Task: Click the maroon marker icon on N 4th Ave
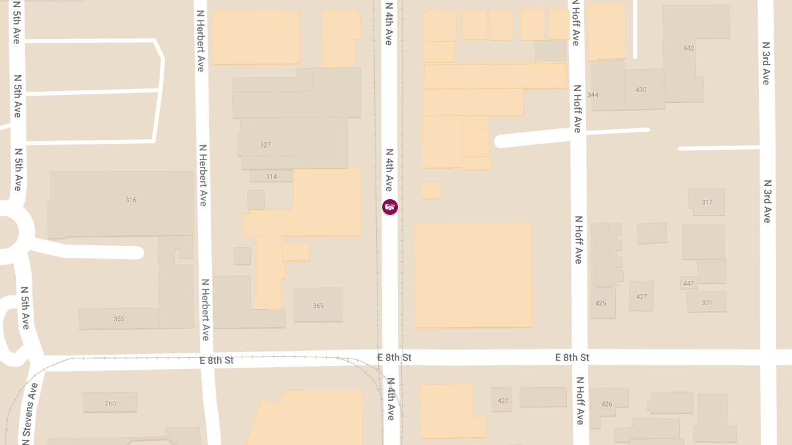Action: click(390, 207)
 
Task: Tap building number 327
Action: click(265, 145)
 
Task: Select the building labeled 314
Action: click(271, 177)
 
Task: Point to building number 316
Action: click(131, 200)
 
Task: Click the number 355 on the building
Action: click(119, 319)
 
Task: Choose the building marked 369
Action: click(318, 306)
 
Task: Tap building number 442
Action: click(688, 48)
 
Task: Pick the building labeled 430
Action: click(641, 90)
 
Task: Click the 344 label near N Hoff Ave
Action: click(593, 95)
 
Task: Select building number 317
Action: click(707, 202)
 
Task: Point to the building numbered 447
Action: click(688, 283)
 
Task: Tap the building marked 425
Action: click(601, 303)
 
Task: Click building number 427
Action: click(642, 297)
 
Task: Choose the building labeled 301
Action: click(707, 303)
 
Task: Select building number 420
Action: click(503, 401)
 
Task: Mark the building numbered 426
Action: click(607, 404)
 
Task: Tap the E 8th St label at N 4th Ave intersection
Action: click(394, 357)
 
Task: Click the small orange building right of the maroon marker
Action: click(431, 191)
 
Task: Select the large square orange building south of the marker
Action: click(473, 274)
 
